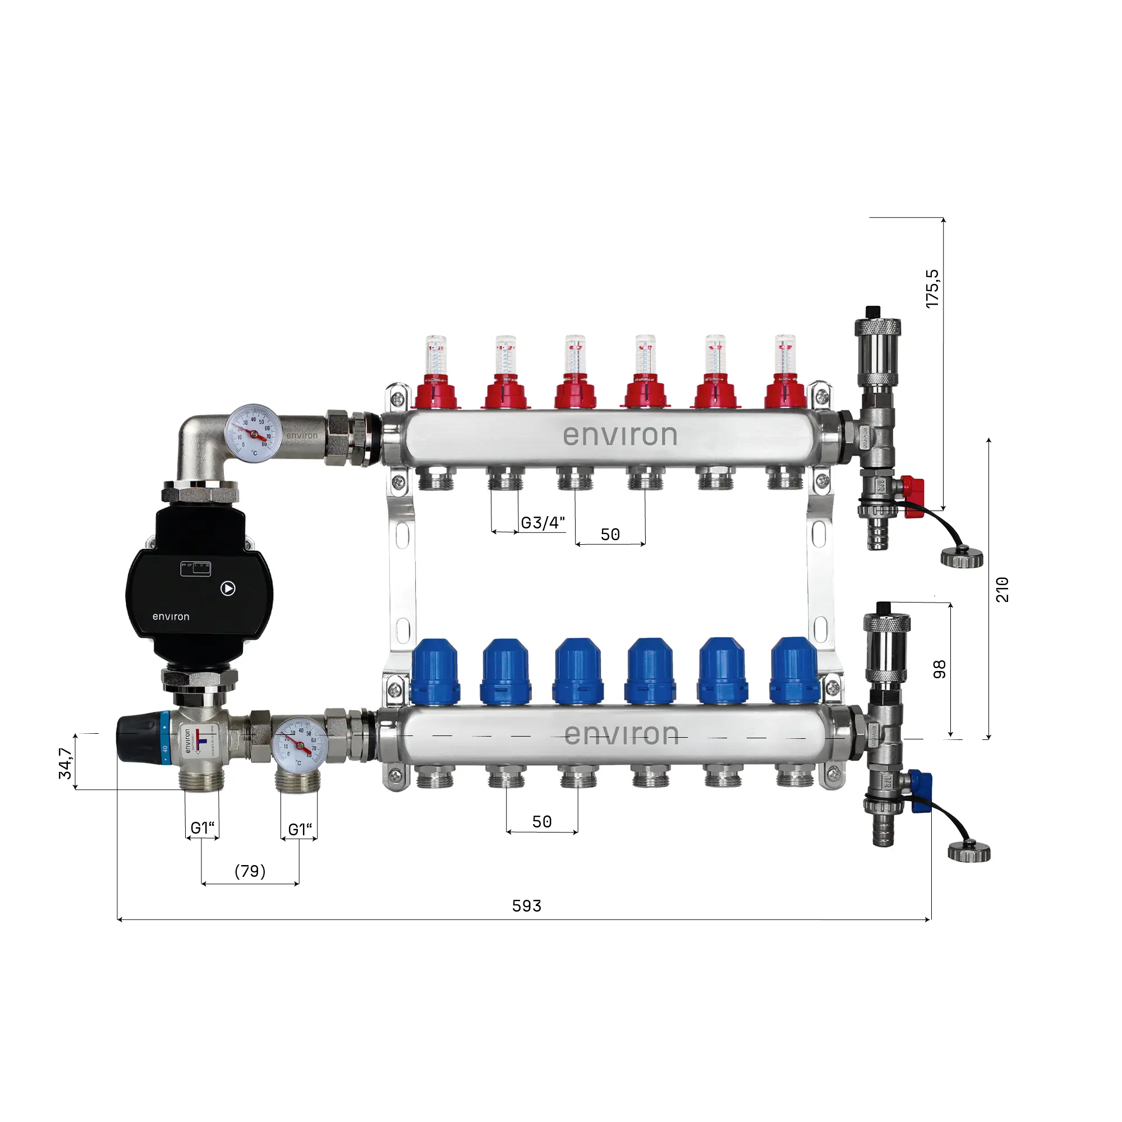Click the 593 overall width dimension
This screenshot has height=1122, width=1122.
(526, 906)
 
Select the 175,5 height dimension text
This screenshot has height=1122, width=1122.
(932, 288)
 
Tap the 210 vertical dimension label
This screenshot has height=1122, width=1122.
(1003, 590)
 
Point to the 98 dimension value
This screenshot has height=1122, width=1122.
(939, 669)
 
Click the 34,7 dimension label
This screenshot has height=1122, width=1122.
(65, 763)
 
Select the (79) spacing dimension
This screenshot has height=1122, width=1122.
(250, 871)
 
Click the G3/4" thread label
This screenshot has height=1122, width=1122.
(542, 523)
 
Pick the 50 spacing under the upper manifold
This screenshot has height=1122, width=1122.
(610, 534)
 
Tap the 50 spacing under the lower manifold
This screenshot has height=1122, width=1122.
(541, 822)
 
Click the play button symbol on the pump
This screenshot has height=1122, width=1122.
(228, 588)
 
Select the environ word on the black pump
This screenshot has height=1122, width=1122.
(171, 617)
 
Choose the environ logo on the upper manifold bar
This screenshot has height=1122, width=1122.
(620, 435)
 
